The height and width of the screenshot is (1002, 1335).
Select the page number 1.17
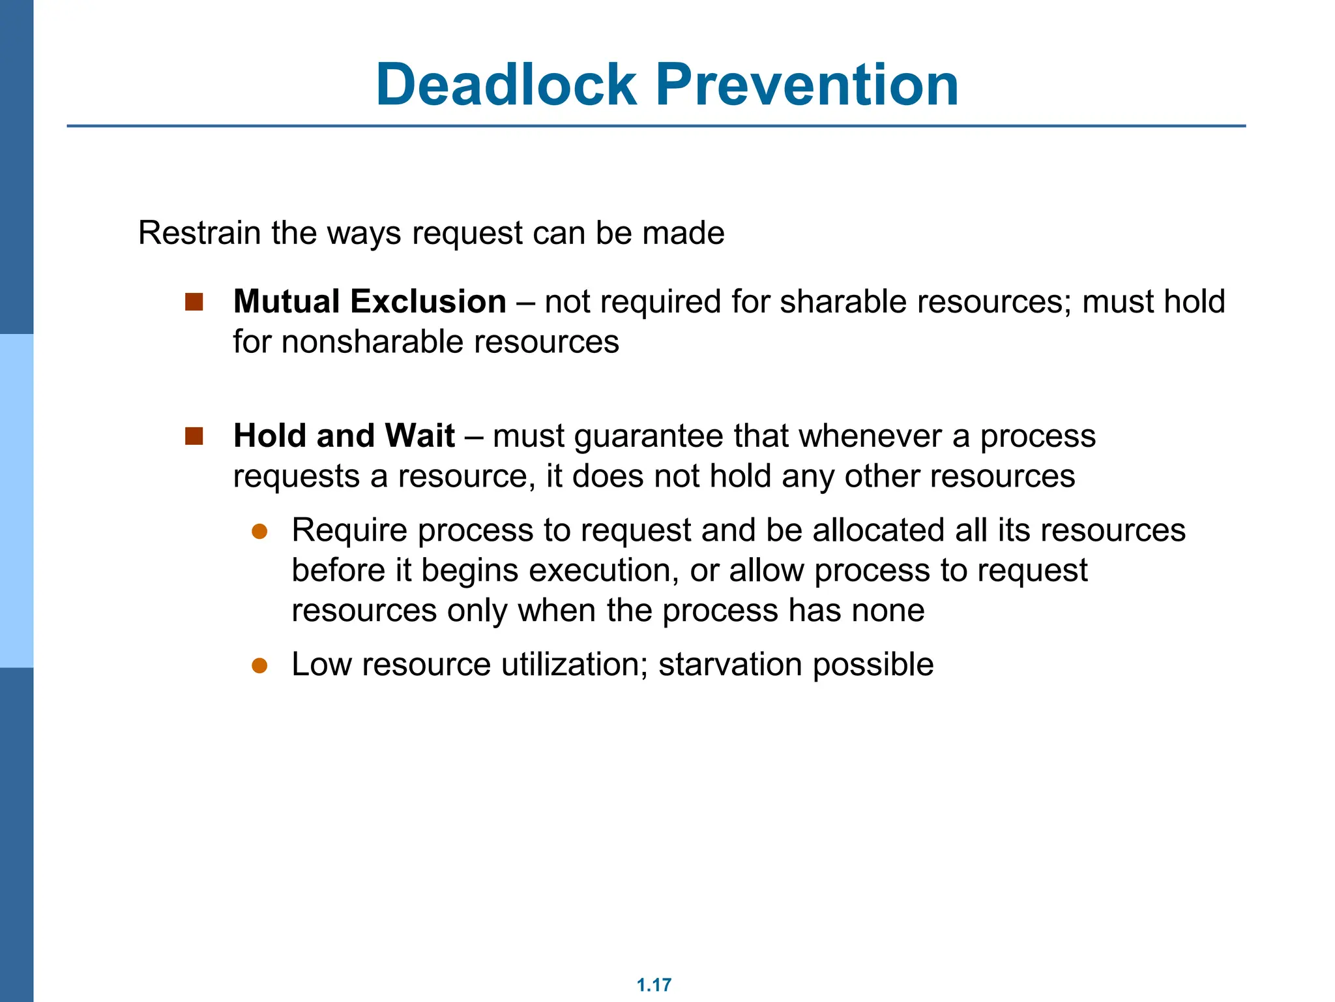pyautogui.click(x=654, y=985)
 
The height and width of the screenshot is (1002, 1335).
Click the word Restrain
pyautogui.click(x=199, y=233)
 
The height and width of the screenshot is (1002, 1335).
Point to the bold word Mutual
pyautogui.click(x=287, y=301)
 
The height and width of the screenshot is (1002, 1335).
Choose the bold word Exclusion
pyautogui.click(x=428, y=301)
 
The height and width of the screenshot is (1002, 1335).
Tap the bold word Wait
pyautogui.click(x=420, y=436)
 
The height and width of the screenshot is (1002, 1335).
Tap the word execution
pyautogui.click(x=600, y=571)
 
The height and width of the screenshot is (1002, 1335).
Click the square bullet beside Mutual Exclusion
pyautogui.click(x=194, y=302)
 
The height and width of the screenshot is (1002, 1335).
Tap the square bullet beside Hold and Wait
pyautogui.click(x=194, y=436)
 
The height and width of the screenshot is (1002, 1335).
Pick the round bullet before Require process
pyautogui.click(x=260, y=531)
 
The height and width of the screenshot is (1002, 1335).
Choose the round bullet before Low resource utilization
pyautogui.click(x=260, y=665)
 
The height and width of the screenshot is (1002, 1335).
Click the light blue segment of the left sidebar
pyautogui.click(x=16, y=500)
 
